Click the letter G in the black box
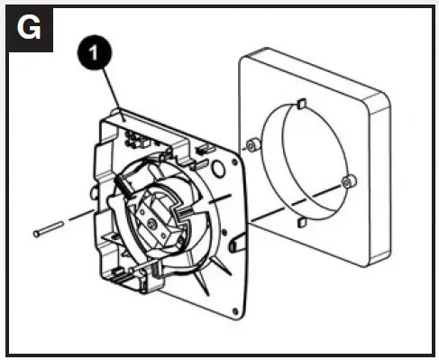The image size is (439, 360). [x=29, y=27]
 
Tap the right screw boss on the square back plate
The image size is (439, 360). [x=349, y=183]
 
